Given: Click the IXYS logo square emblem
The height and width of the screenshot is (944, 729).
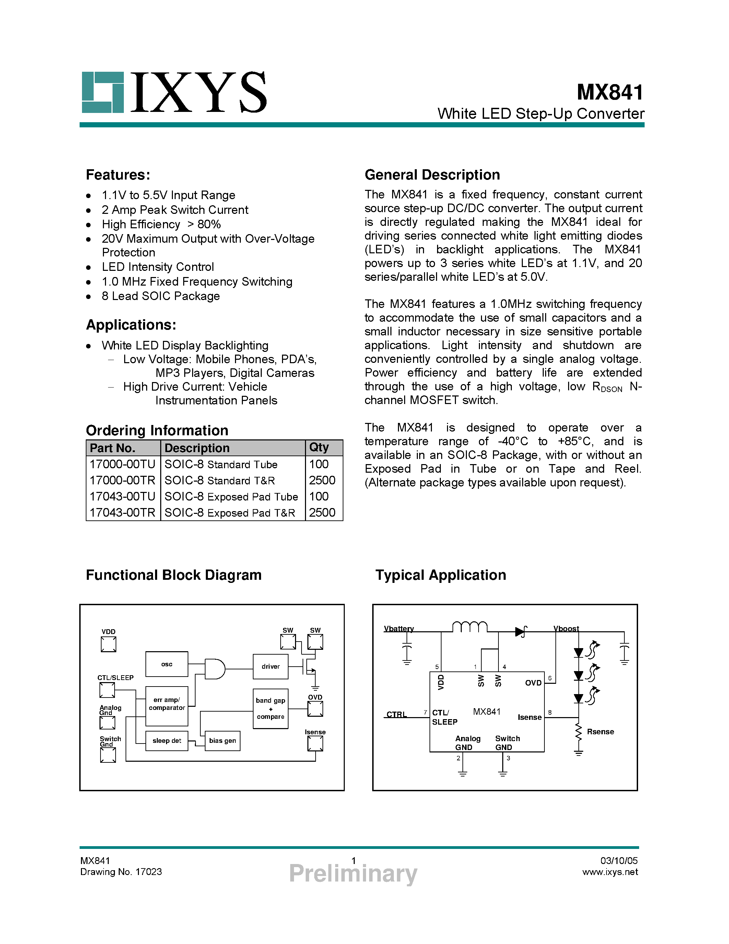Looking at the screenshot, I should point(103,92).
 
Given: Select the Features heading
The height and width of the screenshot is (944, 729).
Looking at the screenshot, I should point(118,175).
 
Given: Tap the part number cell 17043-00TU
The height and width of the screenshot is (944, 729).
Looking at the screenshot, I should point(122,496).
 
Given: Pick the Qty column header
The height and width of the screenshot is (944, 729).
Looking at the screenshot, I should point(319,447).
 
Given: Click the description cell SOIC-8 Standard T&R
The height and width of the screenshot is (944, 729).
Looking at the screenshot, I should point(220,480).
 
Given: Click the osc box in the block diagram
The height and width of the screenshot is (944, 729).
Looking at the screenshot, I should point(167,664).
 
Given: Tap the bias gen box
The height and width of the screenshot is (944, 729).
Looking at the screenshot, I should point(222,740).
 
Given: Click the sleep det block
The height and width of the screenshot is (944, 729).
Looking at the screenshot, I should point(167,740).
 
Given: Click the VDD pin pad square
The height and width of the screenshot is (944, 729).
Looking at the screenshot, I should point(108,644).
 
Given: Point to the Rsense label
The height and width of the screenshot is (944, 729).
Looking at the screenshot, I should point(600,731).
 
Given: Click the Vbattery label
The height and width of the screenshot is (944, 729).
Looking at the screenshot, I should point(399,629).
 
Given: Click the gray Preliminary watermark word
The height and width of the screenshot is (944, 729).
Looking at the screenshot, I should point(353,873).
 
